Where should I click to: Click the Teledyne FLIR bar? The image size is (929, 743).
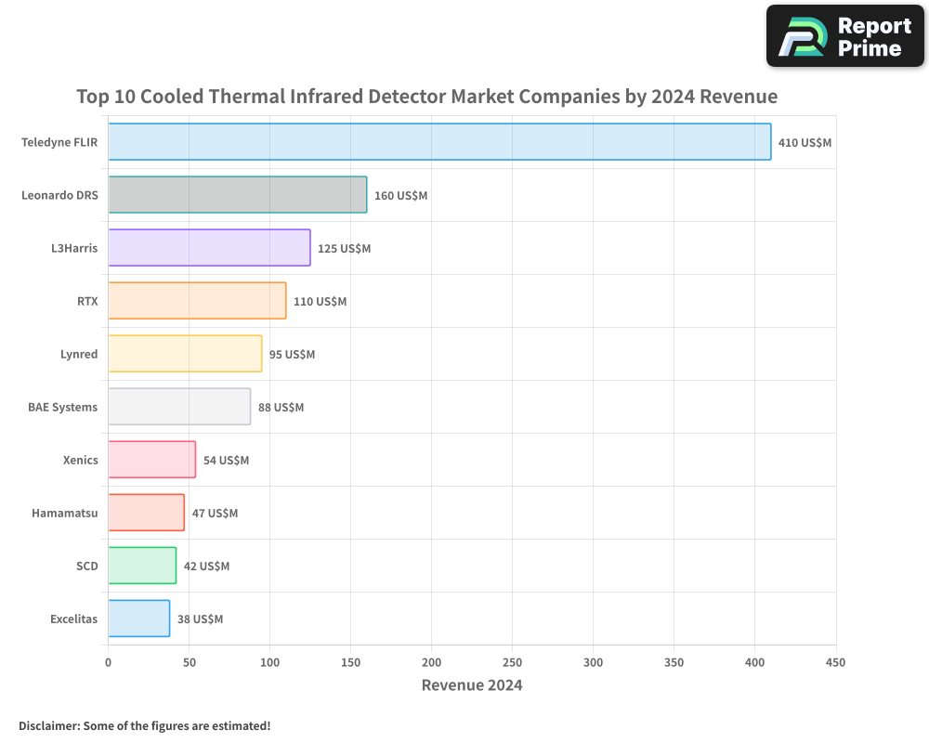(439, 142)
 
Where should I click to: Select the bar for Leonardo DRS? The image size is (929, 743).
(238, 195)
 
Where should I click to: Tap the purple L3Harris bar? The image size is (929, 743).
(209, 248)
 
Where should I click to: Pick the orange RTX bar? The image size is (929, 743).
(197, 301)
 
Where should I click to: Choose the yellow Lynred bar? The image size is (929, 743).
(185, 354)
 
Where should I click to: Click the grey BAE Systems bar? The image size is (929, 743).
(179, 407)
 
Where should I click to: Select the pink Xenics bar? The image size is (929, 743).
(151, 460)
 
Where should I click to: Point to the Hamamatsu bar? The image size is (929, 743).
(146, 513)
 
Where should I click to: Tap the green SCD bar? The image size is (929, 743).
(142, 566)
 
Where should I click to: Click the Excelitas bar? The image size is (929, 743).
(138, 619)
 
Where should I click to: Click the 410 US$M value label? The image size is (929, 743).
(805, 143)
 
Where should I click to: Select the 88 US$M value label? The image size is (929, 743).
(281, 408)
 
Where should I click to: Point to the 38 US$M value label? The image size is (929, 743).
(200, 619)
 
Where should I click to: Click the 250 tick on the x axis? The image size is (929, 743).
(513, 662)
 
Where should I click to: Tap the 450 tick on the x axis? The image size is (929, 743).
(836, 662)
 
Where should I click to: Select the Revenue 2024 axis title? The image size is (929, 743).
(472, 685)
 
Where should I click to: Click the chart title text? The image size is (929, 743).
(426, 97)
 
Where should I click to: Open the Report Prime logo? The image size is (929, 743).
(845, 36)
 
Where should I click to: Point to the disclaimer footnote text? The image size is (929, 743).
(144, 725)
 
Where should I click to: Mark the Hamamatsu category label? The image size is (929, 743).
(64, 513)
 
